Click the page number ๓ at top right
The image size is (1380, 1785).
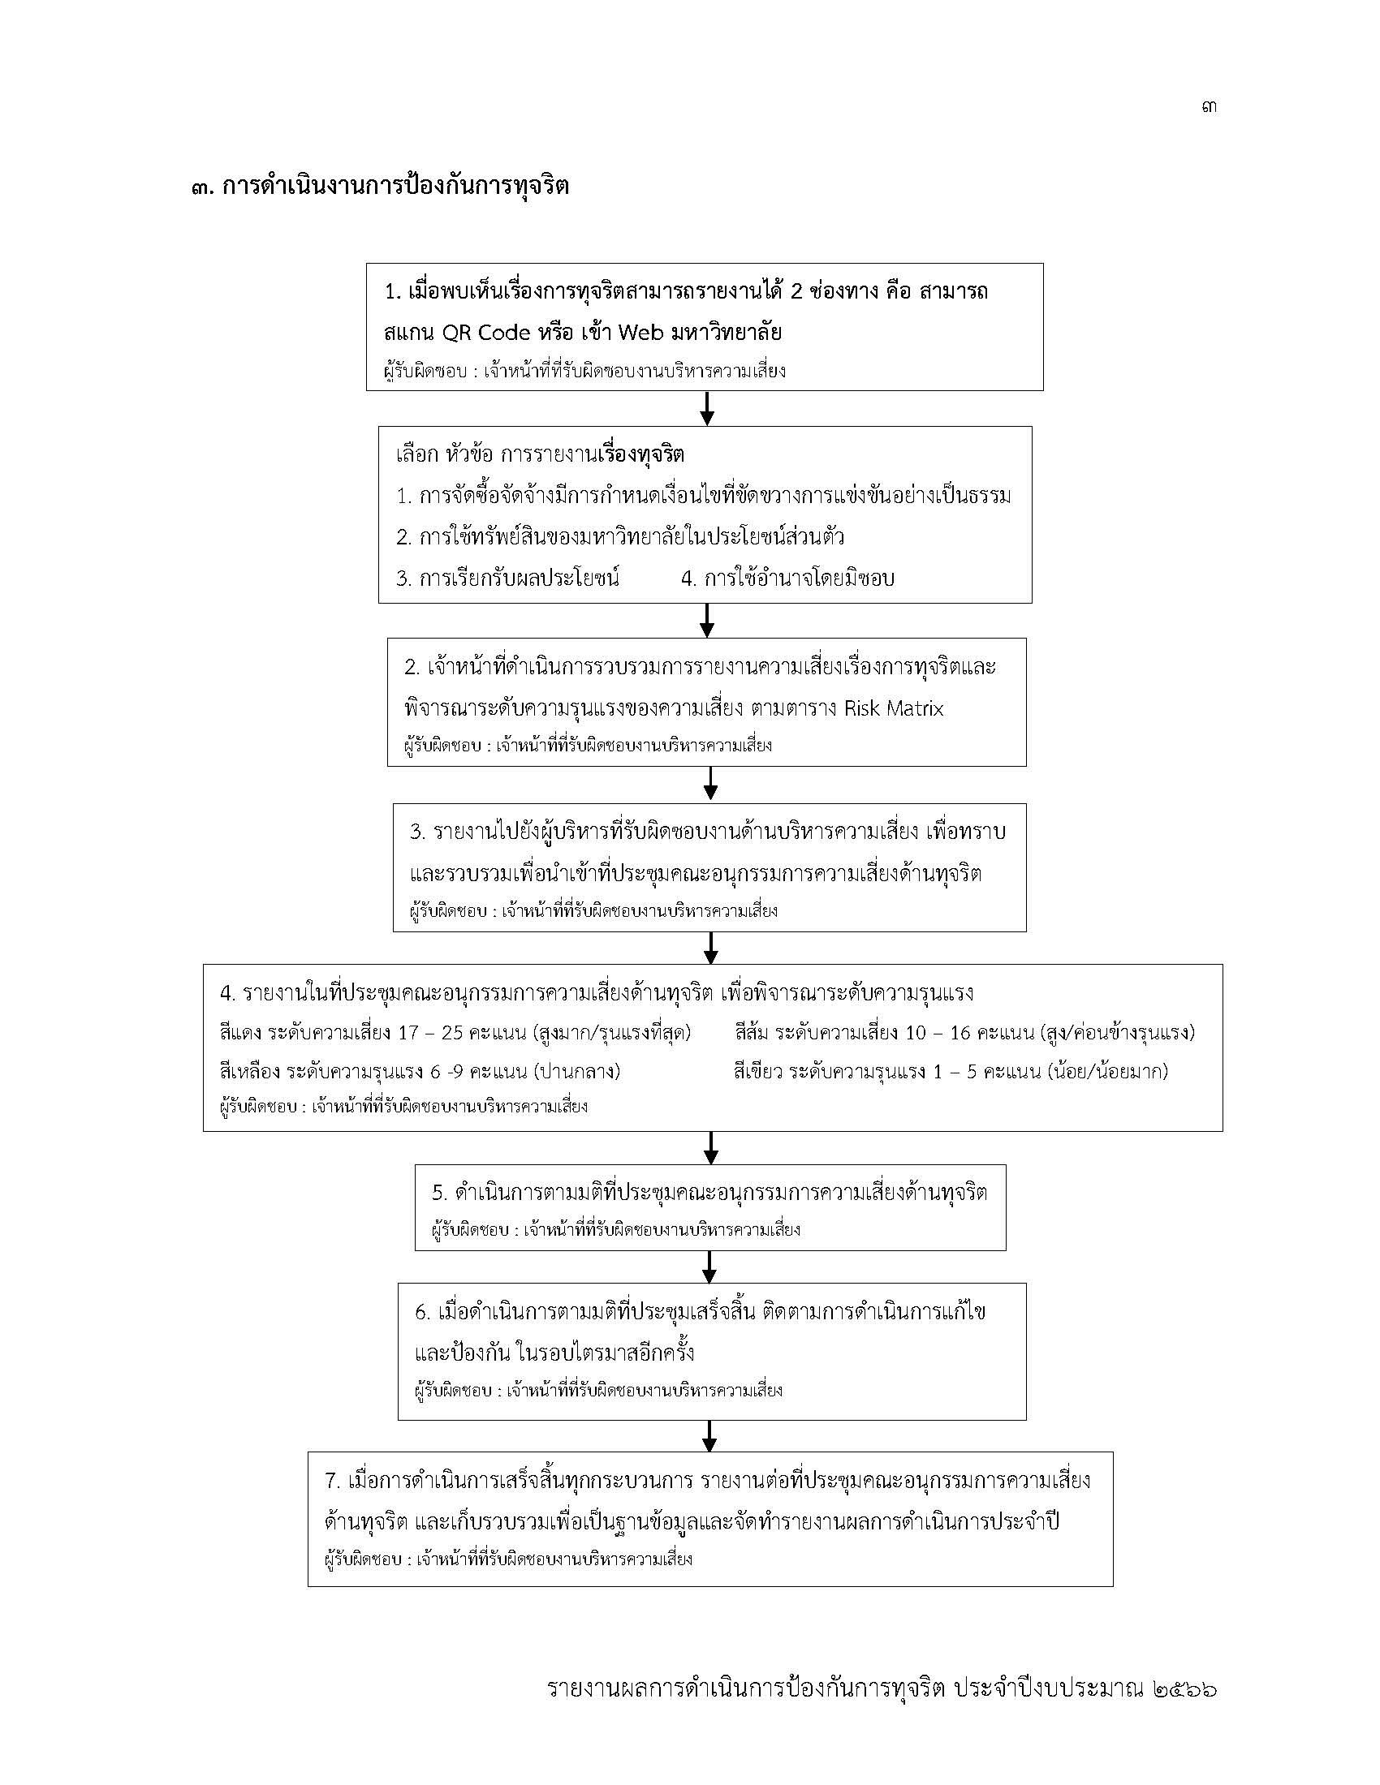click(x=1210, y=106)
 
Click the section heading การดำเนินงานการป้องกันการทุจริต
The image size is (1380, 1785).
click(x=395, y=187)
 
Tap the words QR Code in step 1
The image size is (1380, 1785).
click(x=485, y=333)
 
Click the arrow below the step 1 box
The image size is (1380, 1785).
click(x=707, y=408)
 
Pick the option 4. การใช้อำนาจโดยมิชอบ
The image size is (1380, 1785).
click(x=788, y=579)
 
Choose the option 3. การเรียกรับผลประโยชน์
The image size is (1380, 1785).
click(x=507, y=579)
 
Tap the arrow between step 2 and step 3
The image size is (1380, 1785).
click(x=710, y=784)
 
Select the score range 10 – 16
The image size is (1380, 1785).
click(x=938, y=1033)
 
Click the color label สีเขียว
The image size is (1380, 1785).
click(x=758, y=1072)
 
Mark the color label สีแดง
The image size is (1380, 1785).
click(x=240, y=1033)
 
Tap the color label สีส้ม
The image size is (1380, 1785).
click(x=753, y=1033)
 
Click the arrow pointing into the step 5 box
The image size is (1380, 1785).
click(x=710, y=1147)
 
